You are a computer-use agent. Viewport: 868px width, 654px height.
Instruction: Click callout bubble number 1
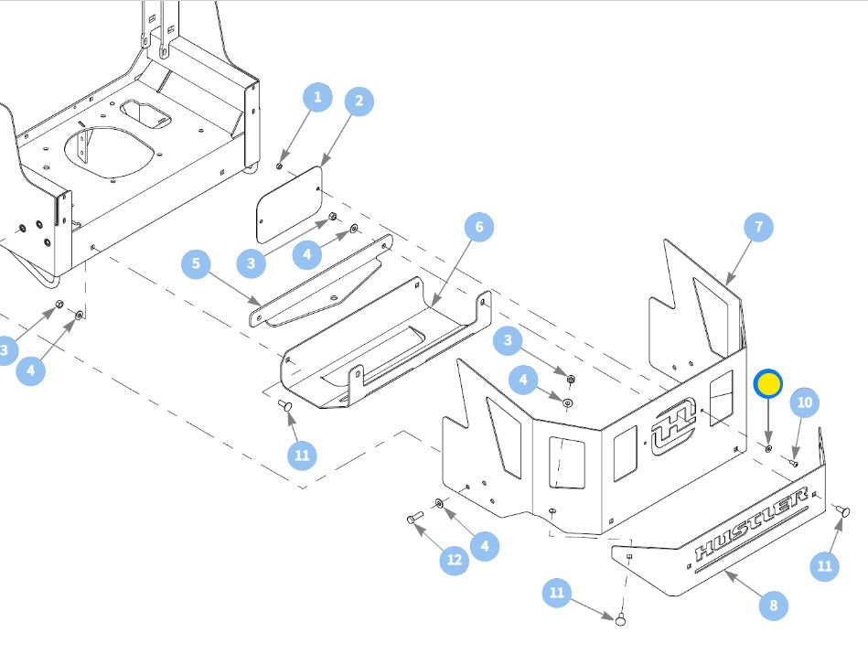tap(317, 98)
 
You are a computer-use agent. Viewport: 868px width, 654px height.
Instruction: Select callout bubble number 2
tap(359, 101)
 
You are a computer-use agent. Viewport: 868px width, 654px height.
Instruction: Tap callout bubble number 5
tap(196, 263)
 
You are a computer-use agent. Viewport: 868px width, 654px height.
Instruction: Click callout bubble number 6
tap(479, 227)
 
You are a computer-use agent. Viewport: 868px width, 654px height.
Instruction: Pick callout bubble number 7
tap(758, 227)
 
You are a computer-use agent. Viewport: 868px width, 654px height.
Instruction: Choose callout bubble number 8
tap(774, 606)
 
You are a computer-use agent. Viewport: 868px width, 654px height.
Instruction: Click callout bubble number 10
tap(804, 402)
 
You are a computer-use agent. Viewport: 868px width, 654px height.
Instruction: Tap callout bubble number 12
tap(455, 560)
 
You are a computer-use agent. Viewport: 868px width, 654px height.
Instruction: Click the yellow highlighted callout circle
tap(767, 384)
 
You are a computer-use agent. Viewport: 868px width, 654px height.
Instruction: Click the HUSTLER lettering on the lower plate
tap(751, 523)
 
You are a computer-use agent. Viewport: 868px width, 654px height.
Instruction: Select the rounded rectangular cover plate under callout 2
tap(289, 205)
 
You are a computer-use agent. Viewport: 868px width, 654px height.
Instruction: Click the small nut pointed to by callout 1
tap(280, 166)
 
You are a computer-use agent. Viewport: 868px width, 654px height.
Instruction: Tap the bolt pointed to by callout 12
tap(414, 519)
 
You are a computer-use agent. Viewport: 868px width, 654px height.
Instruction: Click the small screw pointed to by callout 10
tap(793, 462)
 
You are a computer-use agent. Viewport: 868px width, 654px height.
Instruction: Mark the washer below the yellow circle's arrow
tap(768, 447)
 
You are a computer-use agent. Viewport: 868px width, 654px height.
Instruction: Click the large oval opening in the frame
tap(107, 152)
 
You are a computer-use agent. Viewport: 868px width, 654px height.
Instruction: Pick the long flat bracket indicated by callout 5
tap(321, 283)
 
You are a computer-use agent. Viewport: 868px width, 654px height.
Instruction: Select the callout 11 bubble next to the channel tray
tap(302, 456)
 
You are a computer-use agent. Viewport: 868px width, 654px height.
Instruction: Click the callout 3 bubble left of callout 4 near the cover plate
tap(252, 263)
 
